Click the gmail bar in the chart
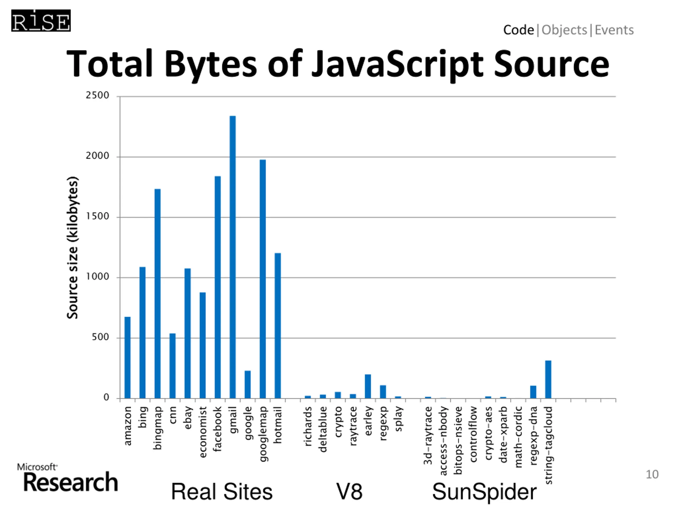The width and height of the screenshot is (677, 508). (233, 257)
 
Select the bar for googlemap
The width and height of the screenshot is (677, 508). (263, 279)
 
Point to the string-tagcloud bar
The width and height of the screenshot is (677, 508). (548, 379)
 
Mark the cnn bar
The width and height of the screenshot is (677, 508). (173, 366)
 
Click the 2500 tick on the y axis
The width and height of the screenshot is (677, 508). (97, 95)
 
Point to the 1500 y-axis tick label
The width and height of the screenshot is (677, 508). (97, 216)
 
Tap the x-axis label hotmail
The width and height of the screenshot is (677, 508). (278, 425)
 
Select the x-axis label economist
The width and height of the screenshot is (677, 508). (203, 432)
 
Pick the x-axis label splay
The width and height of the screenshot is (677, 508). (398, 419)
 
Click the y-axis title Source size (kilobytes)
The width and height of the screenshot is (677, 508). (72, 247)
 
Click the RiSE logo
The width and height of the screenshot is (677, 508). (41, 21)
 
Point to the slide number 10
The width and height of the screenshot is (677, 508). (652, 474)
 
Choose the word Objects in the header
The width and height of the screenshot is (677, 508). (564, 30)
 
